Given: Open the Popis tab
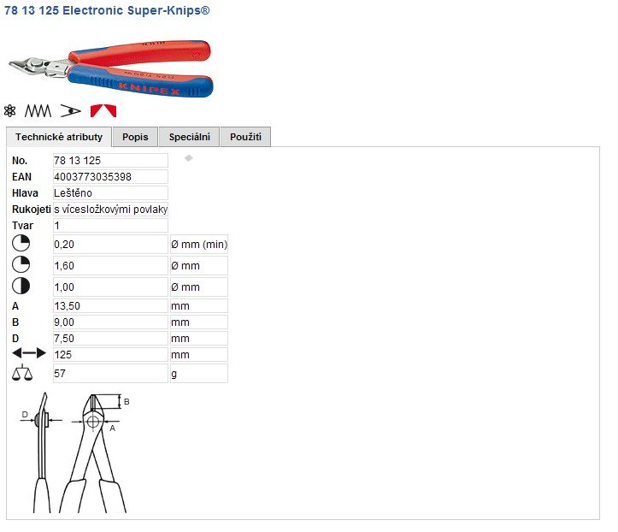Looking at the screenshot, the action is pos(135,137).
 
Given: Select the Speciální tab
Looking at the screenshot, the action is pos(189,137).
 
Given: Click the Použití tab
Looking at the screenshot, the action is pos(245,137).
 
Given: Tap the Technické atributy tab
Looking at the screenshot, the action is pos(59,137).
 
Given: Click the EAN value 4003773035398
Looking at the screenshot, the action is pos(92,177).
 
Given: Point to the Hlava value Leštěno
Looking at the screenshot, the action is pos(73,192).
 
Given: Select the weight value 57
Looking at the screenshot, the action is pos(60,373).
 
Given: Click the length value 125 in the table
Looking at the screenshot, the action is pos(63,355).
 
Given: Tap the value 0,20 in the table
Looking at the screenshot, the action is pos(64,244).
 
